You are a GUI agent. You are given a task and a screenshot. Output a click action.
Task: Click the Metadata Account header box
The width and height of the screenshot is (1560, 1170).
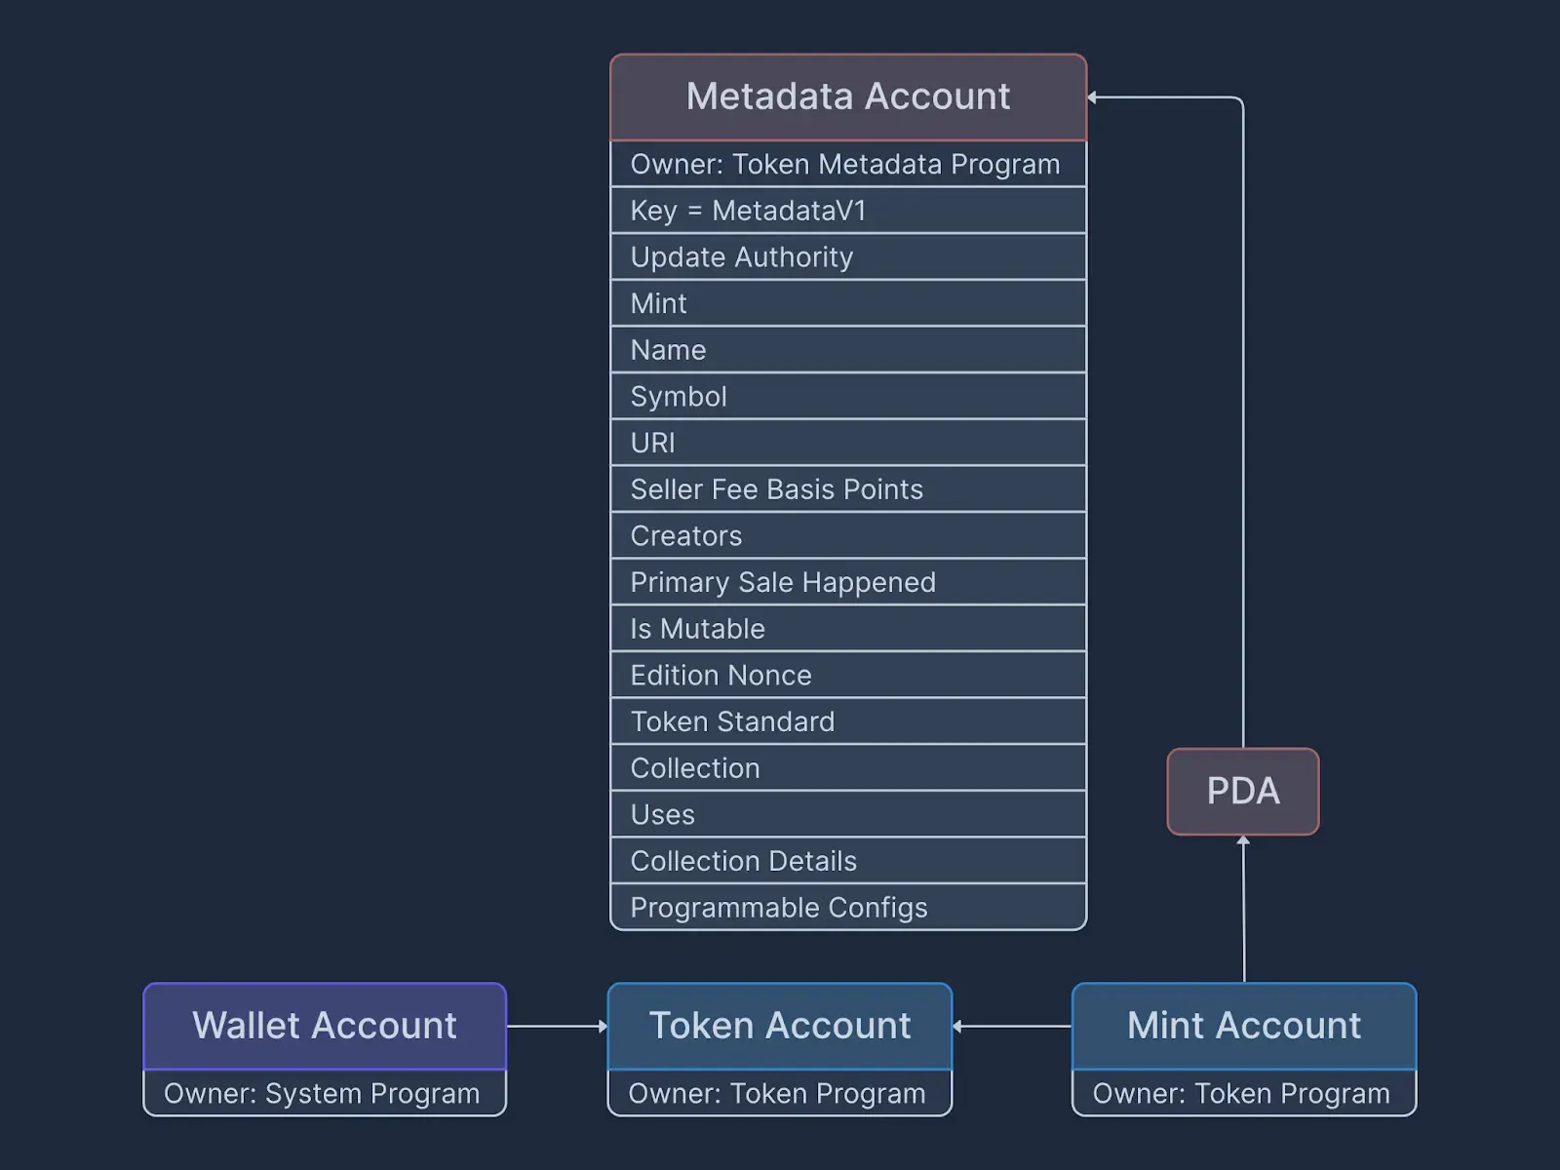(848, 97)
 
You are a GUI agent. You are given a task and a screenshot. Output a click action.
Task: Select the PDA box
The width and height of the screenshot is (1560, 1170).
(1243, 791)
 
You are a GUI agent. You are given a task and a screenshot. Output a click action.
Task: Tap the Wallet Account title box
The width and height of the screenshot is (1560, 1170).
(325, 1026)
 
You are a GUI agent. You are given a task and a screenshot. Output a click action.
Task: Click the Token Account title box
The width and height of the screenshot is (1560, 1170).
(780, 1026)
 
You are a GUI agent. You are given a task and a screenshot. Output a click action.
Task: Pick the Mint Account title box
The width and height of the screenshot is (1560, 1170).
(1244, 1026)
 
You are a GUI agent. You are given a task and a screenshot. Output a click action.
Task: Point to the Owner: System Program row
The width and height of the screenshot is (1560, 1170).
(325, 1094)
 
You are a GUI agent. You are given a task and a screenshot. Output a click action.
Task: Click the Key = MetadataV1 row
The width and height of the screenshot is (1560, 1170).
(848, 211)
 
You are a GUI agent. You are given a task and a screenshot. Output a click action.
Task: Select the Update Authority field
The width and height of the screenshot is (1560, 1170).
(848, 257)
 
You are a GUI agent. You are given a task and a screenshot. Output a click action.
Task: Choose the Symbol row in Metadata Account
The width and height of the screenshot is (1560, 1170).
(848, 397)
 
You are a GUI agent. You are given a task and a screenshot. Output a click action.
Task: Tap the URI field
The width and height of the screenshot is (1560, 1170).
(848, 443)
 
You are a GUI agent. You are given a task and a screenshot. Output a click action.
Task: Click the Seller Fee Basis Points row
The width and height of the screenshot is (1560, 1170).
(848, 489)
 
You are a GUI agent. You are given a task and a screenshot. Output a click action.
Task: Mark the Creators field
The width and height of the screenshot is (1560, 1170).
(848, 536)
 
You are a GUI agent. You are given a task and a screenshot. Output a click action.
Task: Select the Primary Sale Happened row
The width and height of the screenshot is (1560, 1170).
(848, 582)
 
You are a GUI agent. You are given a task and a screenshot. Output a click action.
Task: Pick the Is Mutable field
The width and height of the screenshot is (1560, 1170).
(848, 629)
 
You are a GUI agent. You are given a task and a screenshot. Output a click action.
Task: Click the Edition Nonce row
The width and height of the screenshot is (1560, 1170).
(848, 676)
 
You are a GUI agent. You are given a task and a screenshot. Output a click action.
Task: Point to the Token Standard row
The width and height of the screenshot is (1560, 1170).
(848, 721)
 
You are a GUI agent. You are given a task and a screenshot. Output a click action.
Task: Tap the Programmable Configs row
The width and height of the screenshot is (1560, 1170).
(848, 908)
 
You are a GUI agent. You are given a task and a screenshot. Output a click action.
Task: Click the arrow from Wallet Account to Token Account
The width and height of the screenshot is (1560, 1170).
(557, 1026)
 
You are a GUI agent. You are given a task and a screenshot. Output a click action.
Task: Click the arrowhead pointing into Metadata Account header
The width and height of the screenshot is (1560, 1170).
(1093, 97)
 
